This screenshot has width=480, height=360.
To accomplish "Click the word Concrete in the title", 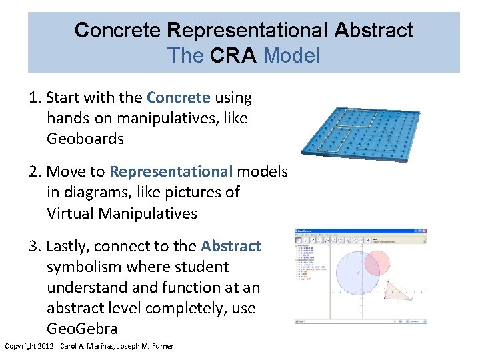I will click(x=117, y=31).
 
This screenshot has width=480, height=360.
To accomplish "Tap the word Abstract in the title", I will click(x=374, y=31).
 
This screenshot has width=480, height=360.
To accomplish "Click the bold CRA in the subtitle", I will click(x=233, y=55).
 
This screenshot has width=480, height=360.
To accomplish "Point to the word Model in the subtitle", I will click(x=292, y=55).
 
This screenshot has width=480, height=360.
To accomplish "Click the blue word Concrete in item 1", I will click(x=179, y=98).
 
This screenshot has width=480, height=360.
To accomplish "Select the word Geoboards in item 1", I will click(x=85, y=139).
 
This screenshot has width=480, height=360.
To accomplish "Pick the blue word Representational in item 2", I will click(x=171, y=171).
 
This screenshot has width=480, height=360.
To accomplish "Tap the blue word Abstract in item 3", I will click(x=231, y=246).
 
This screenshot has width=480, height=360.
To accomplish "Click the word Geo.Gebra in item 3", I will click(x=82, y=329).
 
